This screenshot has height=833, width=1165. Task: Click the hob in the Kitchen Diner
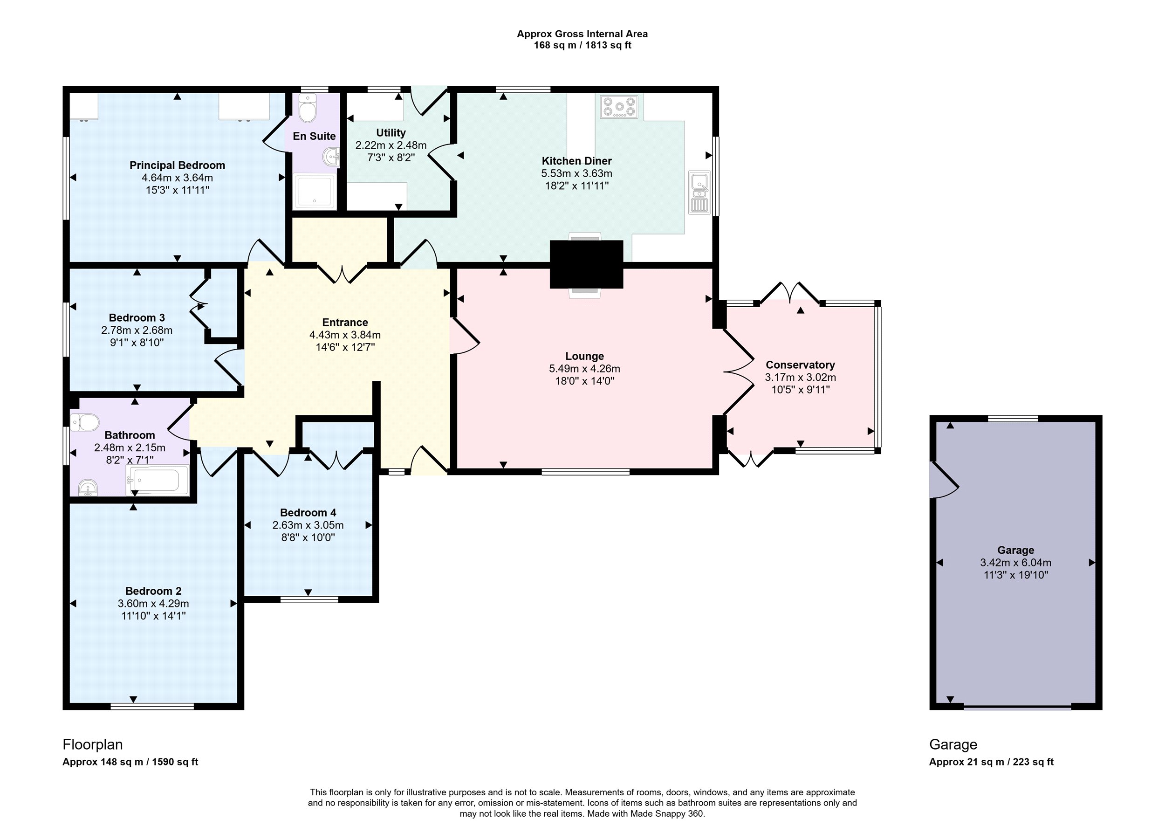pyautogui.click(x=619, y=107)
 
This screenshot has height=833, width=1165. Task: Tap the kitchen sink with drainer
pyautogui.click(x=699, y=193)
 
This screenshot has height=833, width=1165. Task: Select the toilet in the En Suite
pyautogui.click(x=308, y=108)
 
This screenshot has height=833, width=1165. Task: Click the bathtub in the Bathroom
pyautogui.click(x=158, y=480)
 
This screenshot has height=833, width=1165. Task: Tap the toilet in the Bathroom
pyautogui.click(x=85, y=423)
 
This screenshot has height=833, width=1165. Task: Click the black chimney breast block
pyautogui.click(x=586, y=264)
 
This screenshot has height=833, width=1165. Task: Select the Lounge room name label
pyautogui.click(x=584, y=356)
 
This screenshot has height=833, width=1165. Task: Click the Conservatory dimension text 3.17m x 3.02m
pyautogui.click(x=801, y=377)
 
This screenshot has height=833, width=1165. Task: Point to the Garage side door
pyautogui.click(x=942, y=480)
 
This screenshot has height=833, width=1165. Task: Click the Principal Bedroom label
pyautogui.click(x=178, y=165)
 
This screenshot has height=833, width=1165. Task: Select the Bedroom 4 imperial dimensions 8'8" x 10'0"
pyautogui.click(x=308, y=537)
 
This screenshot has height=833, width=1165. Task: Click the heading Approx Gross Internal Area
pyautogui.click(x=582, y=34)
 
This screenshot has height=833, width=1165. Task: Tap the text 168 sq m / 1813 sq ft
pyautogui.click(x=582, y=45)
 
